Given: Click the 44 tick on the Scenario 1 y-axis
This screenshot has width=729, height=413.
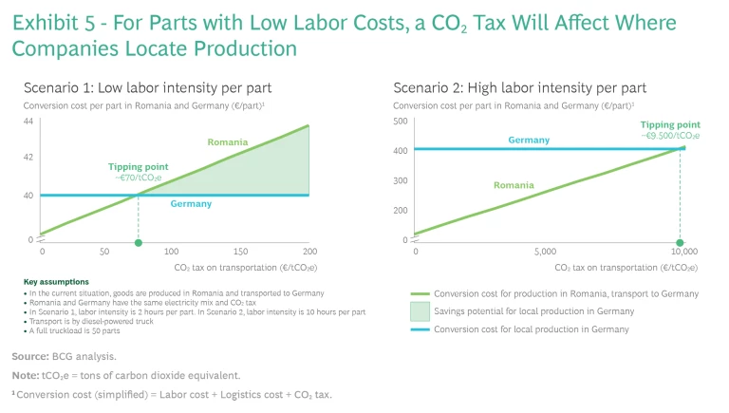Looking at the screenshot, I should pyautogui.click(x=28, y=122).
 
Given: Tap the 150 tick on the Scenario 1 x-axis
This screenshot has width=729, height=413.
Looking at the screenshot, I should pyautogui.click(x=241, y=252).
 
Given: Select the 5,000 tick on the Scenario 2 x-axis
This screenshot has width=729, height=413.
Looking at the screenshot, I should pyautogui.click(x=545, y=252).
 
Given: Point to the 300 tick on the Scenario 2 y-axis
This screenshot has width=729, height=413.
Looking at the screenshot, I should pyautogui.click(x=401, y=180).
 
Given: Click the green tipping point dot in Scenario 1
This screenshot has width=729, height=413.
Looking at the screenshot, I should pyautogui.click(x=139, y=243).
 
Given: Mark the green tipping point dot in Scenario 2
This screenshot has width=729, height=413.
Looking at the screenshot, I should pyautogui.click(x=680, y=243).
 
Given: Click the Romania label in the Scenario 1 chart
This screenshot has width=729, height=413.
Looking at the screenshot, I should pyautogui.click(x=227, y=142).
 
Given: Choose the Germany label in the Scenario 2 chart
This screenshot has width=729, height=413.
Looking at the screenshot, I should pyautogui.click(x=529, y=140).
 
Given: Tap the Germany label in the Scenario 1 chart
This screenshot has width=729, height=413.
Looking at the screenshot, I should pyautogui.click(x=191, y=204).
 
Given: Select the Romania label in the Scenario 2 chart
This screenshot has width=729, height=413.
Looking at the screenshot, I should pyautogui.click(x=514, y=185).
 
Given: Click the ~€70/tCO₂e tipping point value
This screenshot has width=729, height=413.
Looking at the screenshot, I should pyautogui.click(x=140, y=177).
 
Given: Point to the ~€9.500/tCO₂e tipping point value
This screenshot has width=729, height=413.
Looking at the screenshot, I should pyautogui.click(x=670, y=136).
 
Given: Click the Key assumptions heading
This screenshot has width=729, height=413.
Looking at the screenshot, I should pyautogui.click(x=56, y=282).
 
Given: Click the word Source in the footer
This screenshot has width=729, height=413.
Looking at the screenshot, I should pyautogui.click(x=30, y=356).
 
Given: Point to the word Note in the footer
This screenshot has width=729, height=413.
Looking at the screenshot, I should pyautogui.click(x=25, y=375).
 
